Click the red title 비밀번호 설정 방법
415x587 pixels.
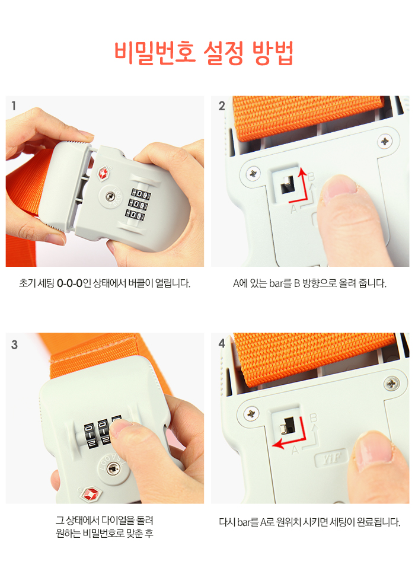(x=203, y=53)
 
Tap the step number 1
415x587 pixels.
(x=14, y=106)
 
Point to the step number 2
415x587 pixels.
(x=222, y=106)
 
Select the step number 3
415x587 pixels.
(x=15, y=344)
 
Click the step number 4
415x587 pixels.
(x=222, y=343)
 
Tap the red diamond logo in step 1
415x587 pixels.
(x=103, y=174)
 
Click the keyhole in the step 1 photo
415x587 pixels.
(x=110, y=196)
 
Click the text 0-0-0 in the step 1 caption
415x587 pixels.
(x=69, y=283)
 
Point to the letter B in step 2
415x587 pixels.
(x=311, y=177)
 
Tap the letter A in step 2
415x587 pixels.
(x=294, y=209)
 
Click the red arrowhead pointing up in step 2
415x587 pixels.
(x=302, y=172)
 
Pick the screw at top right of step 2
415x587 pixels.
(x=385, y=142)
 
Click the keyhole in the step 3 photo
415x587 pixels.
(x=113, y=469)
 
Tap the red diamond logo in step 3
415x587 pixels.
(x=91, y=494)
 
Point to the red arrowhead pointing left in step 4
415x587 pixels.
(x=277, y=444)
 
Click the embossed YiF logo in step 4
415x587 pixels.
(x=331, y=457)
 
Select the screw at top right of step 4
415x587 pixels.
(x=392, y=383)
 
